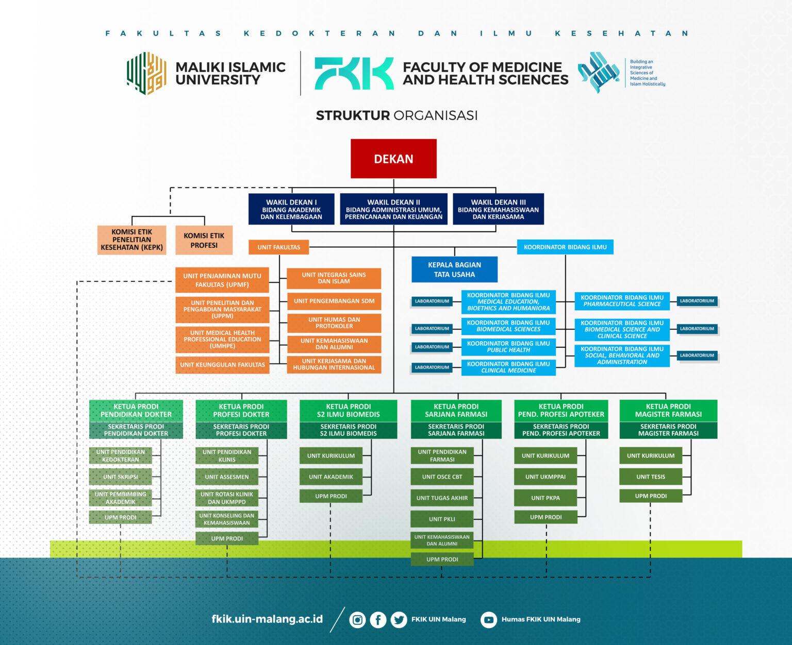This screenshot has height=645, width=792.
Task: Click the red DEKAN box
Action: point(393,159)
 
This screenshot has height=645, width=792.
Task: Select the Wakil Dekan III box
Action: point(498,209)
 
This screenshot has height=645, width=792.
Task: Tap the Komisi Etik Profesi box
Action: point(204,240)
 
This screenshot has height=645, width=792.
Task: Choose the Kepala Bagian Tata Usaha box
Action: point(454,269)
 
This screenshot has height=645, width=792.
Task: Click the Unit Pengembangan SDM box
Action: point(334,301)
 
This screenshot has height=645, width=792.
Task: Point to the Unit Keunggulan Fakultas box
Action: point(222,365)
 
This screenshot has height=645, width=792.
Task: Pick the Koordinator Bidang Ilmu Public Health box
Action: point(508,347)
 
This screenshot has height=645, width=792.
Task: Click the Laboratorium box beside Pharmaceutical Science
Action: point(697,301)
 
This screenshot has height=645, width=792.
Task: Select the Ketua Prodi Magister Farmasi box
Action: point(668,411)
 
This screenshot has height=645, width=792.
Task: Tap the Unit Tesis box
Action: point(651,477)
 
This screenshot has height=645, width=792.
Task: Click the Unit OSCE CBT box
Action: point(442,477)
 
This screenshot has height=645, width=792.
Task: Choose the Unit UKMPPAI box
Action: point(546,477)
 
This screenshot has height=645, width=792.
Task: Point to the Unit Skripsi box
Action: point(121,477)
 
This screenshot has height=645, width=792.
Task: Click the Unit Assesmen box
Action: point(227,477)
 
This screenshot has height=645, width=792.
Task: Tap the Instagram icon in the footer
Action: point(357,620)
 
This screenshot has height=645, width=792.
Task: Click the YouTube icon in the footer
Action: point(489,620)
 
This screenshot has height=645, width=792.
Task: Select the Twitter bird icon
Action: point(399,620)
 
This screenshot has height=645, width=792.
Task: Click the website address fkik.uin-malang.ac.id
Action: point(267,619)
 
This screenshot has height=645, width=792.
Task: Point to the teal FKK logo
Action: point(354,73)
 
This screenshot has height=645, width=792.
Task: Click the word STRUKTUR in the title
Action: point(353,115)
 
